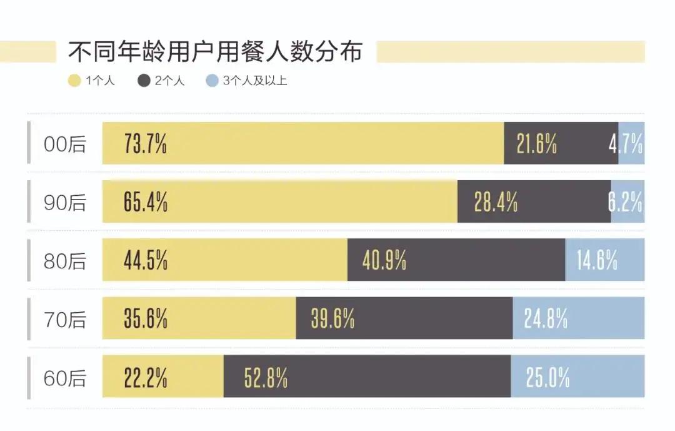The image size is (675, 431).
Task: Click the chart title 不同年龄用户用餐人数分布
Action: click(214, 51)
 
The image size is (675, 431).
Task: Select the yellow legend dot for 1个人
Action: click(75, 81)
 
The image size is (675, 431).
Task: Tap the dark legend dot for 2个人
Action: click(144, 81)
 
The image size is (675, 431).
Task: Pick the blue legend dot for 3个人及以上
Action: click(212, 81)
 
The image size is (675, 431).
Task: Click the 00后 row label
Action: click(65, 145)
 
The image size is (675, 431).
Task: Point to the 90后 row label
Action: click(65, 203)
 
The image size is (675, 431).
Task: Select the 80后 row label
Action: click(65, 261)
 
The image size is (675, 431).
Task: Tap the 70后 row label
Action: click(65, 320)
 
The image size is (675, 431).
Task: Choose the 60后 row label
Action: click(65, 378)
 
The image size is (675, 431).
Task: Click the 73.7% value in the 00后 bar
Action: click(146, 145)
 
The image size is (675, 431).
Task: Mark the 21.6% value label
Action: click(537, 145)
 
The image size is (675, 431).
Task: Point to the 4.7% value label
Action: click(626, 145)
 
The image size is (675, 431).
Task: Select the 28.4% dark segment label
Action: click(496, 203)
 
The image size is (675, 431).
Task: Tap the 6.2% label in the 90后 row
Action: click(626, 203)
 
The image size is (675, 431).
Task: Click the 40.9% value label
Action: click(384, 260)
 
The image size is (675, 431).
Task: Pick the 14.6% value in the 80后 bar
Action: click(597, 260)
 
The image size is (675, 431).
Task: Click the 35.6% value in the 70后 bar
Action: click(146, 319)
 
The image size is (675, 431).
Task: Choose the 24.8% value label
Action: click(546, 319)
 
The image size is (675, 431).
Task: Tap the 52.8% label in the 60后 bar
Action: click(266, 378)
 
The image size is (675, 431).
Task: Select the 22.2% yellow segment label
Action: click(146, 378)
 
